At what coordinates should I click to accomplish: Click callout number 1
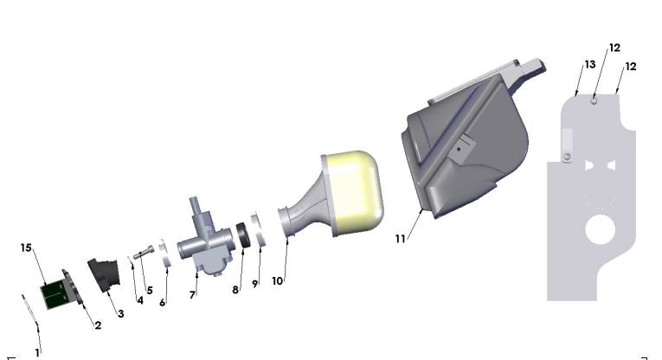coord(37,352)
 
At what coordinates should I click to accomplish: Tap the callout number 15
coord(26,247)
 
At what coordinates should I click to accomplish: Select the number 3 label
coord(120,313)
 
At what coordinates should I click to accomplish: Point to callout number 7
coord(192,295)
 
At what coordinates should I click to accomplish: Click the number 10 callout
coord(277,280)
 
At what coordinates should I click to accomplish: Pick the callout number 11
coord(400,238)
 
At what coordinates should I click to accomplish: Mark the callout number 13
coord(589,64)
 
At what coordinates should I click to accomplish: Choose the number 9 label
coord(255,283)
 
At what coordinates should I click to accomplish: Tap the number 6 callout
coord(162,302)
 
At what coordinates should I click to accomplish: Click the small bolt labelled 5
coord(145,252)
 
